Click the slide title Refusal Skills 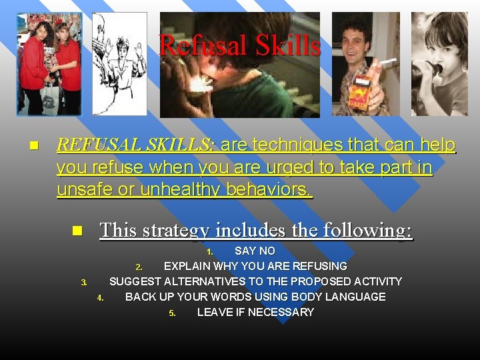pos(240,45)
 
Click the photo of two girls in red pos(49,64)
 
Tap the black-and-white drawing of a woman pos(119,64)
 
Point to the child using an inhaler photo pos(439,64)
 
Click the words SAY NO pos(255,251)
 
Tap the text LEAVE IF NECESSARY pos(255,313)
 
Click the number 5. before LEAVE pos(172,313)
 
